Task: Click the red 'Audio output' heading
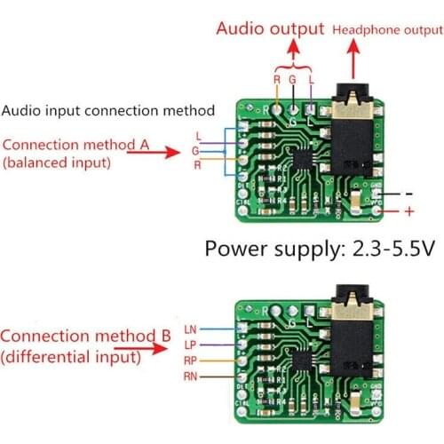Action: point(270,28)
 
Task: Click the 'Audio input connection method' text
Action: point(108,111)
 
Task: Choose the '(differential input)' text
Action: point(70,359)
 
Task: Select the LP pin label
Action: point(190,345)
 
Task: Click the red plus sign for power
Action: point(409,211)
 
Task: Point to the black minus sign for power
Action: point(408,193)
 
